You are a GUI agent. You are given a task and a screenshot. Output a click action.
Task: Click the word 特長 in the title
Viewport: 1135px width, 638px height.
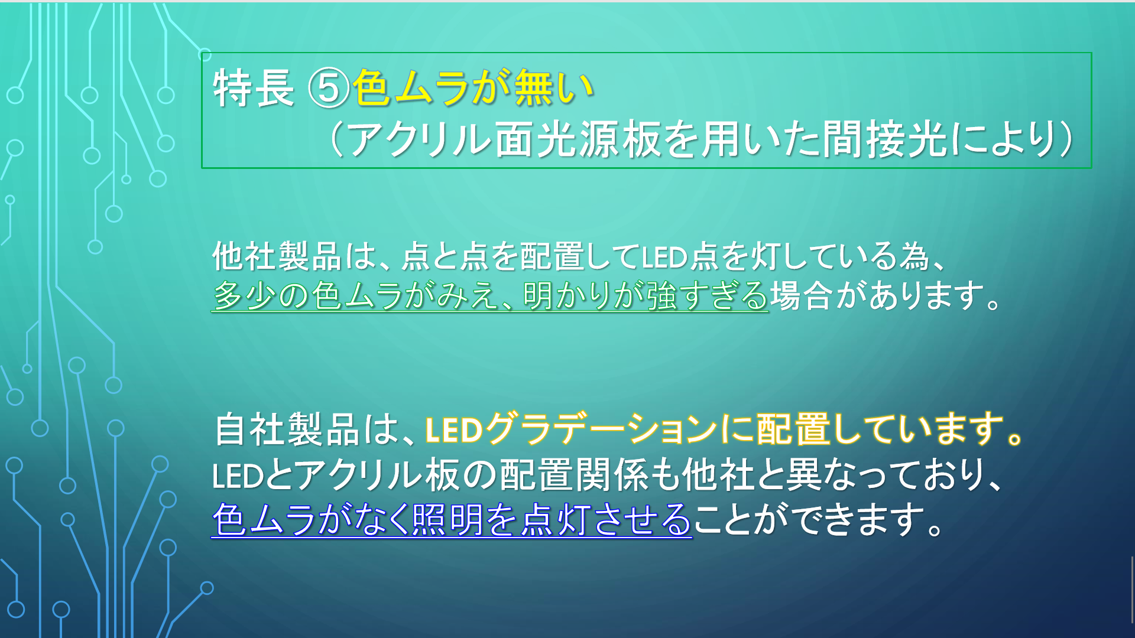(254, 88)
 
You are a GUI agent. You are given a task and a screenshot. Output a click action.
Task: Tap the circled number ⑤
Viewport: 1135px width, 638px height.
(329, 88)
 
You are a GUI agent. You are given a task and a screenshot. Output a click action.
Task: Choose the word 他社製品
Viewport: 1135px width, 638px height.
(277, 256)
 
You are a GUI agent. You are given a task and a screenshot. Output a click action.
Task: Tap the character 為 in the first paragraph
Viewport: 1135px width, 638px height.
(914, 256)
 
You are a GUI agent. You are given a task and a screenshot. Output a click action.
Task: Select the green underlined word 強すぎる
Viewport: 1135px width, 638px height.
(707, 295)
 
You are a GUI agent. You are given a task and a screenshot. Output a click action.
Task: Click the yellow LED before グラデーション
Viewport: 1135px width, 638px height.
(454, 430)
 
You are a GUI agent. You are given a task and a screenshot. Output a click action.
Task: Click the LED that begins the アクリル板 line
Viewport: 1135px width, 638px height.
(238, 476)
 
